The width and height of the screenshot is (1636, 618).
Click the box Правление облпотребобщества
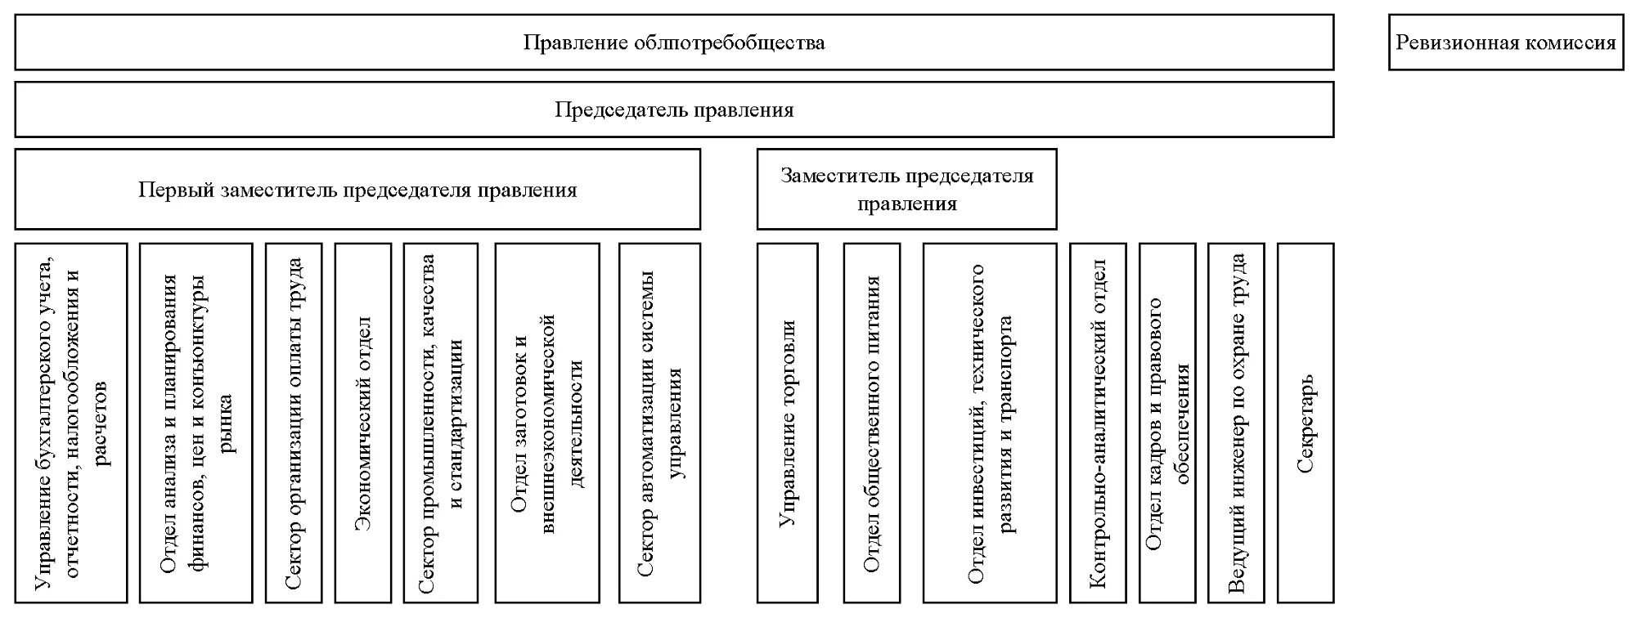[x=674, y=43]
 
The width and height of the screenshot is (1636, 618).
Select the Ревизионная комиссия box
[x=1505, y=43]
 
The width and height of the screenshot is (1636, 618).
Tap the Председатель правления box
[x=674, y=110]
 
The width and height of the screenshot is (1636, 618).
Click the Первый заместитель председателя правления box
[x=357, y=190]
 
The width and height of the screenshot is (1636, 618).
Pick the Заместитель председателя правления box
[x=906, y=189]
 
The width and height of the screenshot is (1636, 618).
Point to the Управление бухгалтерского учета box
[x=71, y=423]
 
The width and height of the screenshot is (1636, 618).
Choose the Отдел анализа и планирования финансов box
[x=196, y=423]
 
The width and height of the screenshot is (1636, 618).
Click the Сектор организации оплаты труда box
[x=294, y=423]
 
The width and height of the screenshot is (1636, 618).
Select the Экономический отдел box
[x=363, y=423]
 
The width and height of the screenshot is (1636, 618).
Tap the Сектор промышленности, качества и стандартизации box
[x=441, y=423]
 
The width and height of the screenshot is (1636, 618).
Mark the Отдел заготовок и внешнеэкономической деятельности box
[x=546, y=423]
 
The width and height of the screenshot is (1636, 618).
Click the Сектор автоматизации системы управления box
[x=659, y=423]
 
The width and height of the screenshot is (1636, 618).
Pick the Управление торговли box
[x=787, y=423]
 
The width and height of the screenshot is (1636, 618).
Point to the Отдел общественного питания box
[x=872, y=423]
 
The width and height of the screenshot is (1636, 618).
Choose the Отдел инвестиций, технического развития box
[x=990, y=423]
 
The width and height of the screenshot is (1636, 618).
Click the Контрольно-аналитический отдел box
[x=1098, y=423]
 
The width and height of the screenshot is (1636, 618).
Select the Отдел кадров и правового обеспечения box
[x=1167, y=423]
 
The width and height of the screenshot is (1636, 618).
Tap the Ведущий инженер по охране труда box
[x=1236, y=423]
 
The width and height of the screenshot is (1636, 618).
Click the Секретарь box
[x=1306, y=423]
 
